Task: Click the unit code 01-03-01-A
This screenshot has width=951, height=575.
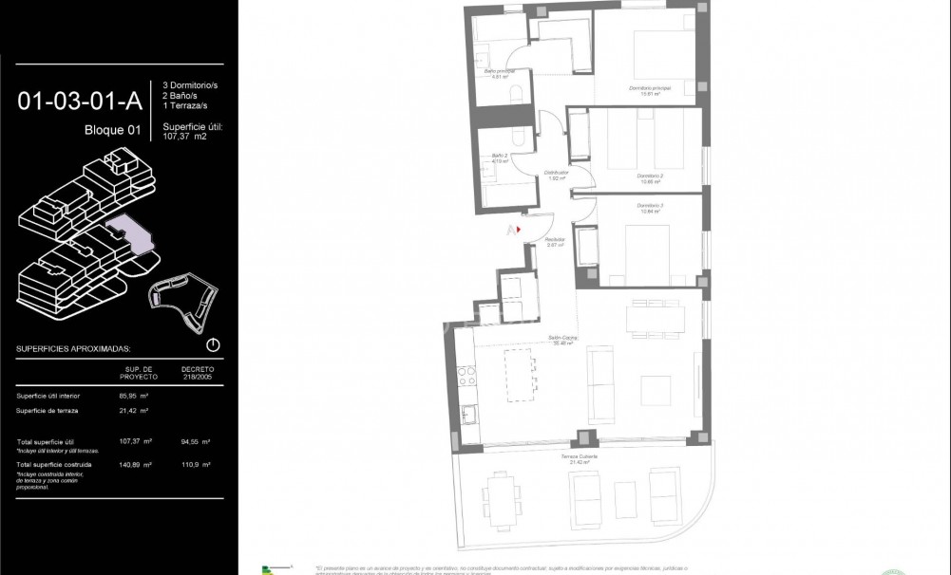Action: tap(79, 100)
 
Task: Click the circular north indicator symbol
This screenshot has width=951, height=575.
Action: tap(213, 345)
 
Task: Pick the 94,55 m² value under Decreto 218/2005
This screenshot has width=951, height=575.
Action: tap(195, 442)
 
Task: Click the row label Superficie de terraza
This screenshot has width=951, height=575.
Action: tap(48, 410)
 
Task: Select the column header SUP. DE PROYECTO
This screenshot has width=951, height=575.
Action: tap(139, 372)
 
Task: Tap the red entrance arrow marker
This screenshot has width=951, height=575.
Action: tap(519, 229)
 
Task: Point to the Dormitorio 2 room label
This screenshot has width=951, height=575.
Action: tap(649, 176)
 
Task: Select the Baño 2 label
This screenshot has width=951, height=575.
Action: tap(498, 157)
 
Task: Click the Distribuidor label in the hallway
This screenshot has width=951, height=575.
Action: tap(556, 173)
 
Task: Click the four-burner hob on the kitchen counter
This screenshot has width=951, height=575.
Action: tap(465, 379)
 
